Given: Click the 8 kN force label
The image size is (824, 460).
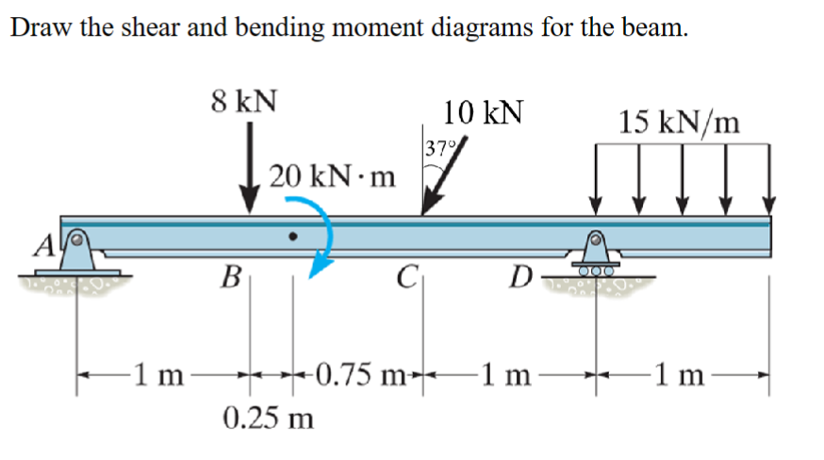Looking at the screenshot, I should point(243,101).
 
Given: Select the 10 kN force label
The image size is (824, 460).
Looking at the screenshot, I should point(484,113).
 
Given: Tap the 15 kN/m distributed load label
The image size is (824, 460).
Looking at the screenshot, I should point(680,121).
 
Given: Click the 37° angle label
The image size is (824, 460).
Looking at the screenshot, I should point(438,148).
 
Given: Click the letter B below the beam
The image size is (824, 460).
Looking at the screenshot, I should point(227,277).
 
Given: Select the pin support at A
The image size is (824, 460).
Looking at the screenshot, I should point(78,251).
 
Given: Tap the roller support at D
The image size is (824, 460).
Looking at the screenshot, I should point(596,256).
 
